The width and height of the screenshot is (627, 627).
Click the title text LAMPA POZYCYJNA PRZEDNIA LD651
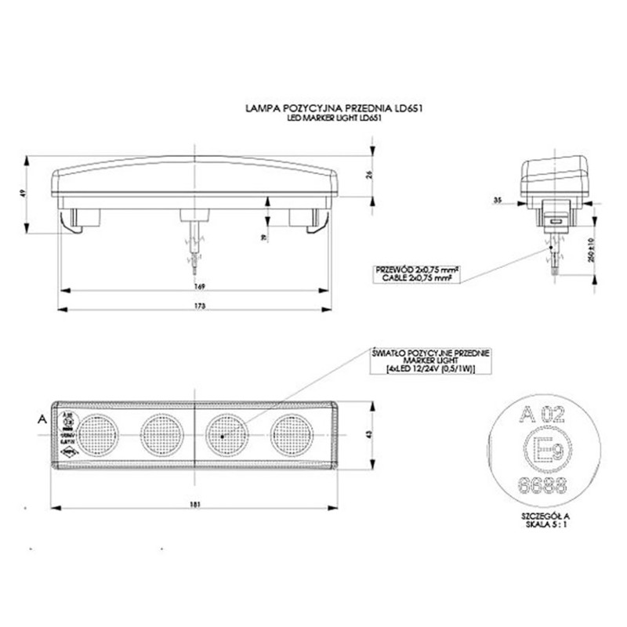(335, 108)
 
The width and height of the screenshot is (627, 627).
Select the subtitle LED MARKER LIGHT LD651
(335, 118)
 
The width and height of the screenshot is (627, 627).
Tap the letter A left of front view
(40, 420)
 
